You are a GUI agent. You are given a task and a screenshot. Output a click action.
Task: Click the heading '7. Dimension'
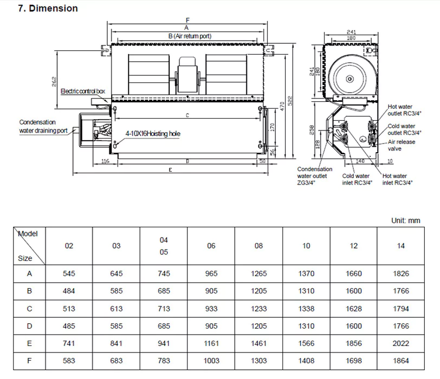48,8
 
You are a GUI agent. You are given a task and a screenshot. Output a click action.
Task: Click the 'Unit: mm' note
405,220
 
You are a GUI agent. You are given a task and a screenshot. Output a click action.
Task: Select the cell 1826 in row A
401,273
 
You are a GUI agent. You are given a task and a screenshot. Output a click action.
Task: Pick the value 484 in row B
69,291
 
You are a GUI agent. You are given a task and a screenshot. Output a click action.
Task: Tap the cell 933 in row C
211,309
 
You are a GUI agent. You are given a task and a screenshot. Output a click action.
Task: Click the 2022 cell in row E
401,343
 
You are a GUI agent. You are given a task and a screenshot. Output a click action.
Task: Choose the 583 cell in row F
69,361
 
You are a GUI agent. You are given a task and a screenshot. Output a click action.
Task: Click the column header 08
258,246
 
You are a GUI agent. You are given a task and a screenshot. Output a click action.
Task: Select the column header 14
401,246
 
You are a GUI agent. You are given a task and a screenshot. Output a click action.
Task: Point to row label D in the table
29,326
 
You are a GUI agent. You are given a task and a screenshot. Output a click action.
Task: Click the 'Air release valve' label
401,145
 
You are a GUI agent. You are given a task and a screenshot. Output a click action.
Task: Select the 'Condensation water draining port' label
43,126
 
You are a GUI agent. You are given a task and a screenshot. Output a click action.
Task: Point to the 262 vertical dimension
54,81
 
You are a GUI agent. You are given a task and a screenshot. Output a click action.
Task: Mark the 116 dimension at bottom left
105,161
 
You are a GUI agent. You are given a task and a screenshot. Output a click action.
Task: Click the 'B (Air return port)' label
189,36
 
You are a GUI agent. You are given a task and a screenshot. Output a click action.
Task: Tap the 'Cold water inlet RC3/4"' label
355,179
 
